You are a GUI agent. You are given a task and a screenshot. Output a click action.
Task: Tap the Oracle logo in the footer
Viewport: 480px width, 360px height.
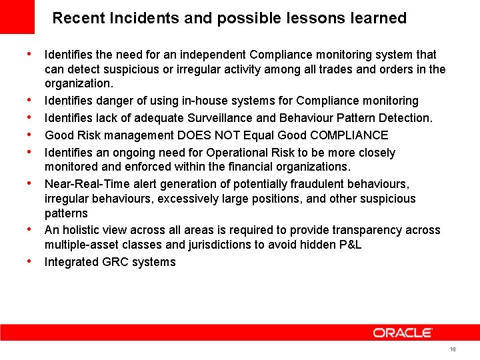click(x=403, y=332)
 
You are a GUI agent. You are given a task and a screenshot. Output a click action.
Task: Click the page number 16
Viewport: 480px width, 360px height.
click(x=453, y=349)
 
